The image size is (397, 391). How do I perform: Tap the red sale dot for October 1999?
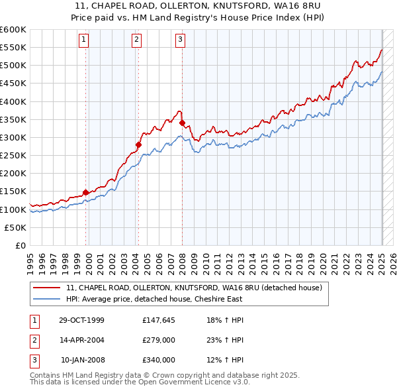(x=85, y=192)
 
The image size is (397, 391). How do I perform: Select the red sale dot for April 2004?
(x=139, y=144)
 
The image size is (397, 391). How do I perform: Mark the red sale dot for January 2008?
(x=182, y=123)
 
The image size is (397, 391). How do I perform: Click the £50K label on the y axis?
(x=15, y=227)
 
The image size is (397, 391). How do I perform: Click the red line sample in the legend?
(x=48, y=288)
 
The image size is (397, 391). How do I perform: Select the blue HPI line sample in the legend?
(x=48, y=299)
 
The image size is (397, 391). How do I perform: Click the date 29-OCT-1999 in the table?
(x=81, y=320)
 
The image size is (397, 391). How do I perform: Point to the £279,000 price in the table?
(x=159, y=340)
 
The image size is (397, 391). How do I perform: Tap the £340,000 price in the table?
(x=159, y=360)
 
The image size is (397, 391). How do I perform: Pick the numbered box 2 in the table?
(x=32, y=340)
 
